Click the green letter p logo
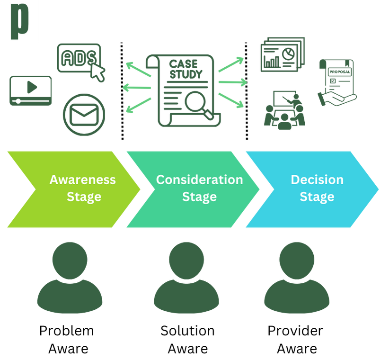point(19,21)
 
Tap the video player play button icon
point(31,87)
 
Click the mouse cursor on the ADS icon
point(99,73)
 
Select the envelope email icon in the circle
point(84,114)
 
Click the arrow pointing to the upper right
point(231,64)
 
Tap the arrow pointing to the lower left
point(138,105)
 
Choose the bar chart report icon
point(283,54)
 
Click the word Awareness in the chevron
point(82,180)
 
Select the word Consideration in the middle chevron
point(199,180)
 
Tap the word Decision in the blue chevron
point(317,180)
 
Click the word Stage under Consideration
point(199,197)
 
